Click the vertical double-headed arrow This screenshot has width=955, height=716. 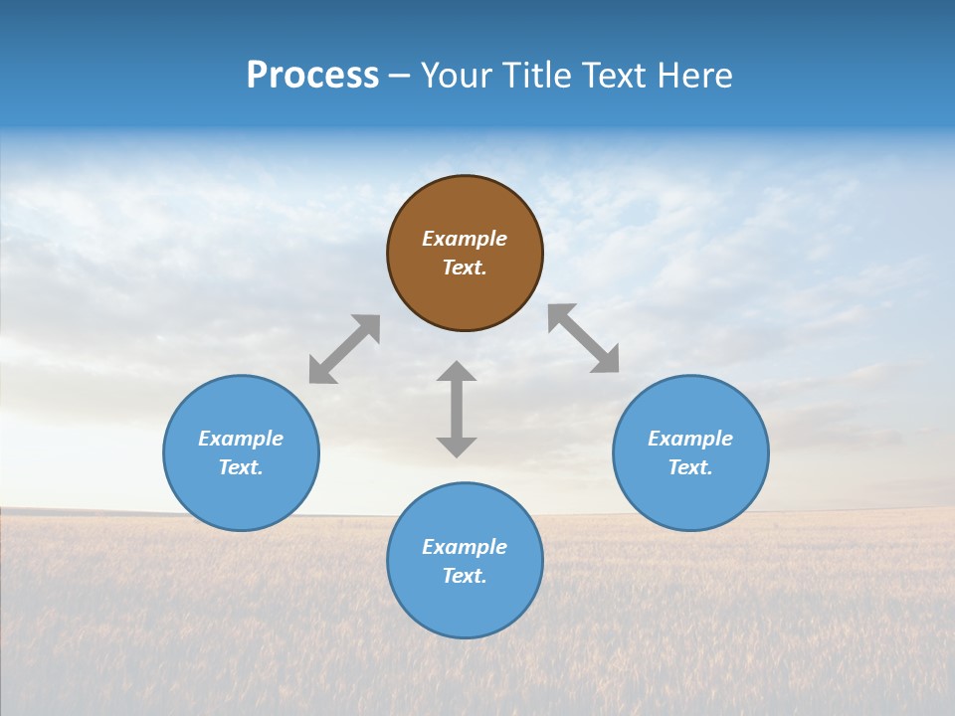click(x=457, y=409)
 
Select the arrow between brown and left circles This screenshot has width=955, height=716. click(x=344, y=349)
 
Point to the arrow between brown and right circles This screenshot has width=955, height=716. click(x=584, y=338)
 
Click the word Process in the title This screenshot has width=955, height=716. click(x=312, y=75)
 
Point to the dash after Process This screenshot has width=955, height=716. click(x=400, y=76)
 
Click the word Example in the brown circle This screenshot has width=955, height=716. click(x=465, y=239)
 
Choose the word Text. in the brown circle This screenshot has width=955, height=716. click(x=465, y=268)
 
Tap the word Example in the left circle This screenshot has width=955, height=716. click(x=241, y=439)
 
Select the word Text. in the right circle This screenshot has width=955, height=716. click(x=690, y=467)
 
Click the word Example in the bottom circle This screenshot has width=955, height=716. click(x=465, y=547)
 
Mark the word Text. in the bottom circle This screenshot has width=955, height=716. click(x=465, y=576)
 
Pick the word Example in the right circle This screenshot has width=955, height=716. click(x=690, y=439)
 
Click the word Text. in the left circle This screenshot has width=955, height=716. click(x=241, y=467)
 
